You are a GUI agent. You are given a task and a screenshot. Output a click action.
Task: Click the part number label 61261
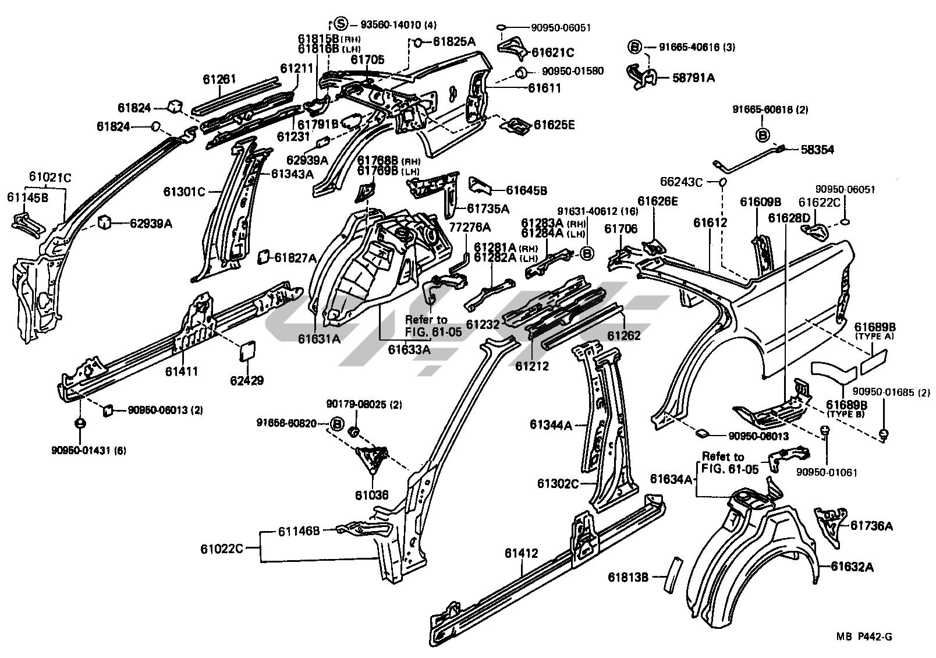[219, 79]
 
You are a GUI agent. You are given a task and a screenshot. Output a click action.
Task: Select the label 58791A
[693, 78]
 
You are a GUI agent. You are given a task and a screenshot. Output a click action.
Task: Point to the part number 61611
[544, 88]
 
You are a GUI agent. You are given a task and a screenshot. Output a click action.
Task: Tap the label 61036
[372, 495]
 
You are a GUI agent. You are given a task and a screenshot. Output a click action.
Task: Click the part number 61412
[522, 553]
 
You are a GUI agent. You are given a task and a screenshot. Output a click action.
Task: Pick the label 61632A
[852, 567]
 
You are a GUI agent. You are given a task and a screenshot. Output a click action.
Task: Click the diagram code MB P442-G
[864, 636]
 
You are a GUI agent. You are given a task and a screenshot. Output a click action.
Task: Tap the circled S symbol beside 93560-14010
[341, 24]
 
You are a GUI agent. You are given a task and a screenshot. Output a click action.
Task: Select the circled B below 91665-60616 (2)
[763, 135]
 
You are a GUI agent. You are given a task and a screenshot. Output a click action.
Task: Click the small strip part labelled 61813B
[673, 574]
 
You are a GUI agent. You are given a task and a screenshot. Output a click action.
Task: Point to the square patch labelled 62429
[247, 351]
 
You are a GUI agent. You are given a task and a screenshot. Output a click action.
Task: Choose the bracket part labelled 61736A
[829, 528]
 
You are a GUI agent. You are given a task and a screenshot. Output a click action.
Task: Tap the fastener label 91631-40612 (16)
[598, 211]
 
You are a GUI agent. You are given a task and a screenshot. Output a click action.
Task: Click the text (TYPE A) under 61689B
[874, 336]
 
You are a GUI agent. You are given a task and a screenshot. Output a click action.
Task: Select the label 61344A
[551, 424]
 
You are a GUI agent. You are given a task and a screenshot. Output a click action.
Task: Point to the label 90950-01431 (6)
[88, 450]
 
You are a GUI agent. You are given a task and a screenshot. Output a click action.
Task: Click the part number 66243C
[682, 182]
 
